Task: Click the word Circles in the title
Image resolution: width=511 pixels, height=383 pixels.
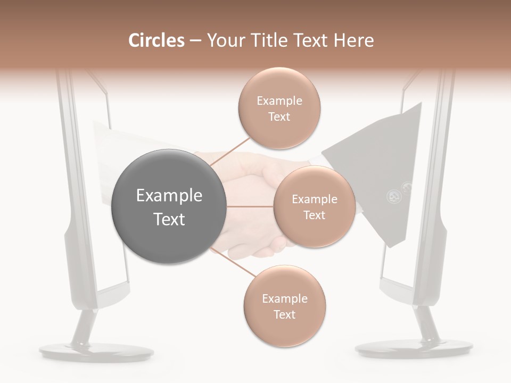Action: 156,40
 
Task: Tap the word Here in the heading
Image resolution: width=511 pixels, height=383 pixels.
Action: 353,40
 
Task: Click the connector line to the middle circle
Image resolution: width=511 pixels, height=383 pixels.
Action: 250,206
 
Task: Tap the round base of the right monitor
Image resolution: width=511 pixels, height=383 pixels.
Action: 414,349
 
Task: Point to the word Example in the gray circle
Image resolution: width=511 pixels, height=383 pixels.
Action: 169,196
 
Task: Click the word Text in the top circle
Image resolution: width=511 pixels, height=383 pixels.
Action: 279,116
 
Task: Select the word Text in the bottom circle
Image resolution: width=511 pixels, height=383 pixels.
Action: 284,314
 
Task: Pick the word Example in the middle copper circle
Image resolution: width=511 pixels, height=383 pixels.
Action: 315,199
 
